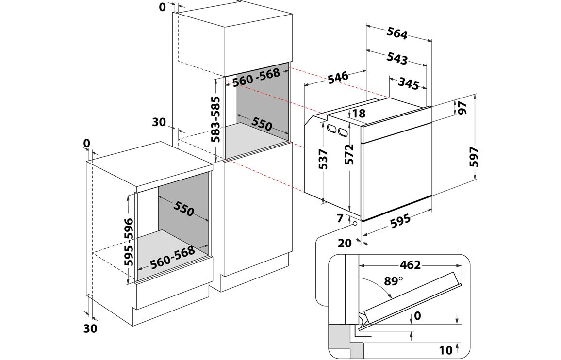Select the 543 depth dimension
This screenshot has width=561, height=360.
pyautogui.click(x=397, y=59)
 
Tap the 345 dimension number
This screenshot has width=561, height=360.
pyautogui.click(x=409, y=83)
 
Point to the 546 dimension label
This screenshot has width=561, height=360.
pyautogui.click(x=338, y=77)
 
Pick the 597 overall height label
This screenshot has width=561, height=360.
pyautogui.click(x=474, y=157)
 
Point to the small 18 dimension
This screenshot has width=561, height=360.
pyautogui.click(x=359, y=114)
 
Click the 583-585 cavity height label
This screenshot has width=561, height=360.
pyautogui.click(x=215, y=119)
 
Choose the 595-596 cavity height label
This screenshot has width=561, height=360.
pyautogui.click(x=129, y=242)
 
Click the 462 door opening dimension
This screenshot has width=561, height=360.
pyautogui.click(x=410, y=265)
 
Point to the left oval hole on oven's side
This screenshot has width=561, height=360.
pyautogui.click(x=332, y=129)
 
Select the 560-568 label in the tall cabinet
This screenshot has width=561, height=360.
pyautogui.click(x=256, y=78)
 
